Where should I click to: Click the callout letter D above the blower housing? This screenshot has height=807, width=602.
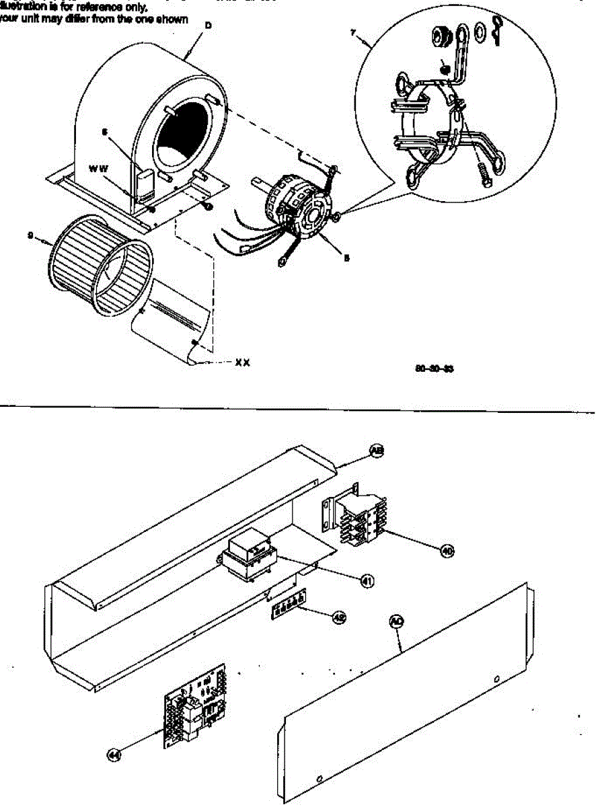tap(208, 24)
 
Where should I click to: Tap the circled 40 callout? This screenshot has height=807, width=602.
tap(447, 551)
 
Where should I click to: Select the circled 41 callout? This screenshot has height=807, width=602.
tap(367, 580)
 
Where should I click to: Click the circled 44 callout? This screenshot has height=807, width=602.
tap(115, 755)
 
